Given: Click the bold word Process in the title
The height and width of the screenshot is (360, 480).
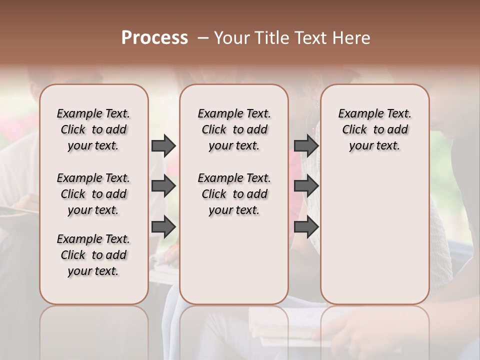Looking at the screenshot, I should click(x=154, y=38).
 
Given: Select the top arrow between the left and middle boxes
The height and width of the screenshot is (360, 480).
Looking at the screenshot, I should click(x=163, y=145).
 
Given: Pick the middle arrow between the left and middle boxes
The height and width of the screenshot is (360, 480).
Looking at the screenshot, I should click(x=163, y=186).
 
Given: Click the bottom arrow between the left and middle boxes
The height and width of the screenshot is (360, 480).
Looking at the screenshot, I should click(x=163, y=227).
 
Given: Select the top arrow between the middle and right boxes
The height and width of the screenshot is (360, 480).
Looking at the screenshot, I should click(x=306, y=145).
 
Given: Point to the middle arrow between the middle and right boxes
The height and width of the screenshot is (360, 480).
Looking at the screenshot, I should click(x=306, y=186).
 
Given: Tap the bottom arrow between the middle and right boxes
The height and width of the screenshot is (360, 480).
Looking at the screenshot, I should click(x=306, y=227).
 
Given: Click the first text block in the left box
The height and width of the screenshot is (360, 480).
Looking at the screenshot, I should click(x=93, y=129).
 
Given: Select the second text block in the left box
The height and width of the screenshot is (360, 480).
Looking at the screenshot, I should click(x=93, y=194).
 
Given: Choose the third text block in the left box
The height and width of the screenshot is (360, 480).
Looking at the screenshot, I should click(x=93, y=255).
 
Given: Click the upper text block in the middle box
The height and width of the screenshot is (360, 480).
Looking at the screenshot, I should click(x=234, y=129).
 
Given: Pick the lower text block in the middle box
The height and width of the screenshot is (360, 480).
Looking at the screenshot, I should click(x=234, y=194).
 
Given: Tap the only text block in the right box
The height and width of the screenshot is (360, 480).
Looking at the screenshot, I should click(x=374, y=129).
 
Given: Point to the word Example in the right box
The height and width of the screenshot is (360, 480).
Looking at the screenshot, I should click(x=357, y=114).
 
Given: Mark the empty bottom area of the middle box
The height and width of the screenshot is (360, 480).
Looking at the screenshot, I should click(x=234, y=265).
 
